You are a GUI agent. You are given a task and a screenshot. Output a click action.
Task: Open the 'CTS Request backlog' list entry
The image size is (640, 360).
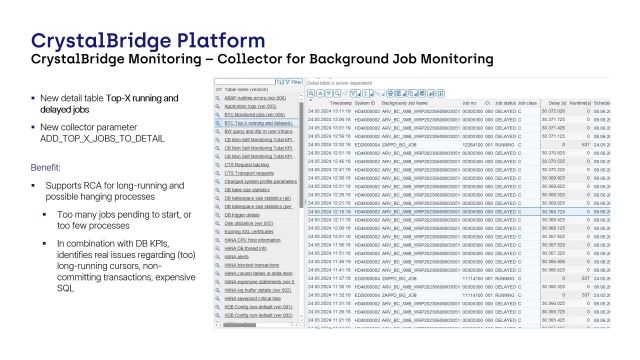coord(251,163)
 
